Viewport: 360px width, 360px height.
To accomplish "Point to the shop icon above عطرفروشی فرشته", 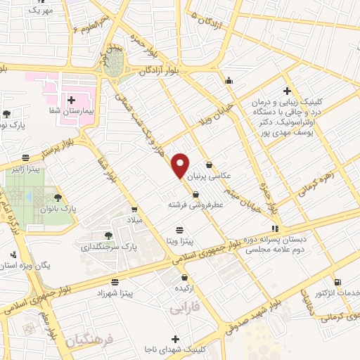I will point(186,193).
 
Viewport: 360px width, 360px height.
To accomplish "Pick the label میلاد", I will point(134,220).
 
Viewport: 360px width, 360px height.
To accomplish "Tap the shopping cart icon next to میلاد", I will point(134,210).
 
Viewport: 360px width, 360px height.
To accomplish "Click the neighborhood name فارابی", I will point(186,307).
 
